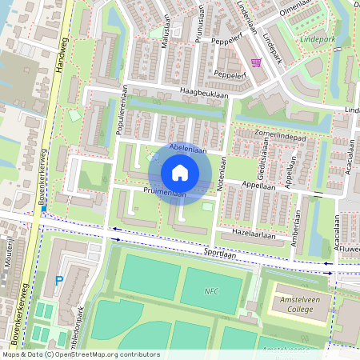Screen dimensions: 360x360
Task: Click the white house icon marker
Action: coord(180,173)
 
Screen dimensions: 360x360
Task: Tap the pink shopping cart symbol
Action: coord(256,63)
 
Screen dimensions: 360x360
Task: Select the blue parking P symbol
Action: coord(58,281)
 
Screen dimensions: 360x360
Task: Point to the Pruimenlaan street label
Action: coord(166,193)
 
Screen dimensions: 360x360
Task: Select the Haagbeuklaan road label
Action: coord(204,93)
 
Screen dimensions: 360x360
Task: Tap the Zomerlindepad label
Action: coord(281,135)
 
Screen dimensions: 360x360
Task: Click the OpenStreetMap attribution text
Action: coord(80,354)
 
